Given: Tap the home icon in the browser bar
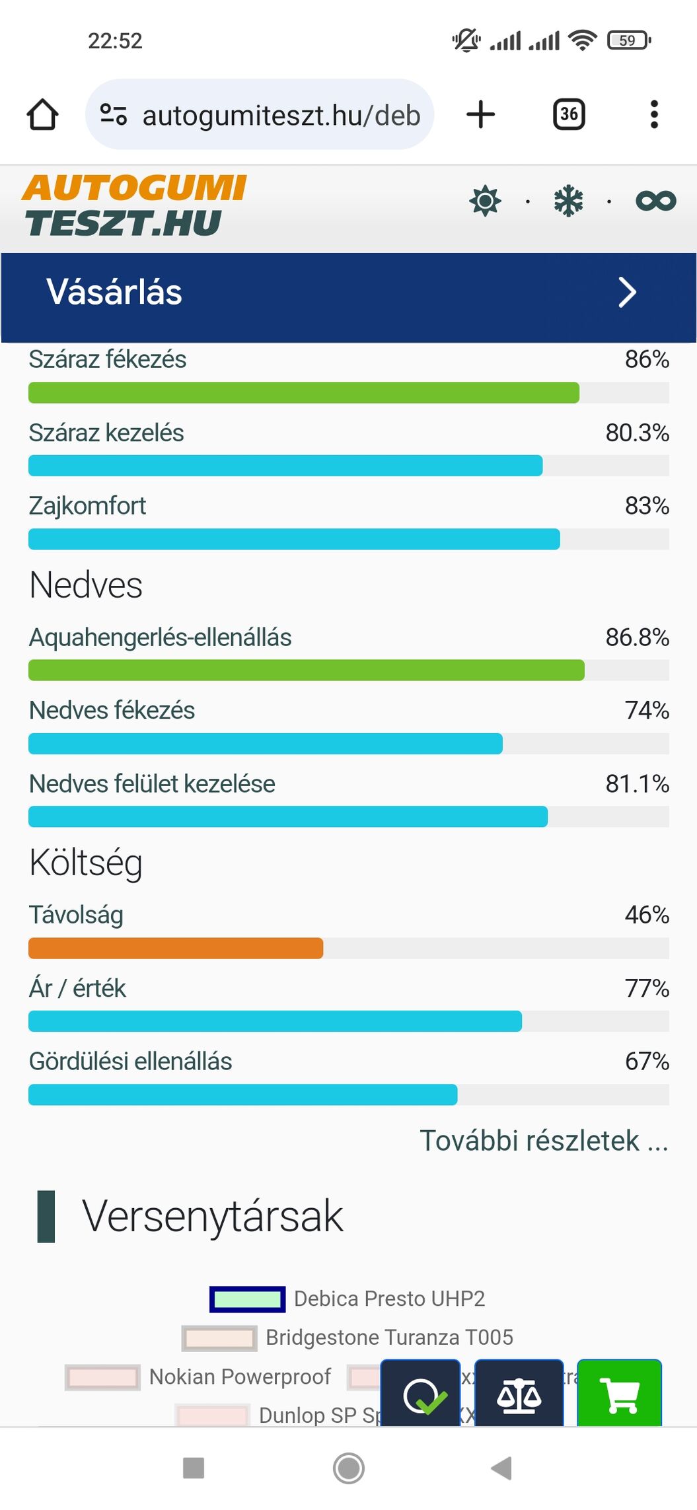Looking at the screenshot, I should pos(43,114).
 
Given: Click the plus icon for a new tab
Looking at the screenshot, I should pos(480,114).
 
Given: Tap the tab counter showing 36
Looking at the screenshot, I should pos(568,114).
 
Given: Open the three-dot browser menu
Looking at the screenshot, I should pos(654,114).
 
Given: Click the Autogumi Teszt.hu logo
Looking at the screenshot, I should pos(134,205).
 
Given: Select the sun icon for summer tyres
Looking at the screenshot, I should pos(485,201).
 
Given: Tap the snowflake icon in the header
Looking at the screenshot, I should pos(568,201).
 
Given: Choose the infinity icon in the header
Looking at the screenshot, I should pos(655,201).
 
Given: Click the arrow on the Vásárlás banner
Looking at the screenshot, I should pos(627,293).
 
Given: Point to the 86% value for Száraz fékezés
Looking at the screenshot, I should pos(647,359).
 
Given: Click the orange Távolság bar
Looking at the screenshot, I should pos(176,948).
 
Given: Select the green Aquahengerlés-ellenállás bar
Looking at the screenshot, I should pos(306,670).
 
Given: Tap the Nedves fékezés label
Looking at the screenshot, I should pos(112,711).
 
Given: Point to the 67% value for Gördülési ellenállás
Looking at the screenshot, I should pos(647,1061).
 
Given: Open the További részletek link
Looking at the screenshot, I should pos(544,1141).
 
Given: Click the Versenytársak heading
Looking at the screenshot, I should pos(212,1216).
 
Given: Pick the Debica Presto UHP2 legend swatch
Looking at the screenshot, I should pos(248,1299).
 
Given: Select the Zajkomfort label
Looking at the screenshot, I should pos(88,506).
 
